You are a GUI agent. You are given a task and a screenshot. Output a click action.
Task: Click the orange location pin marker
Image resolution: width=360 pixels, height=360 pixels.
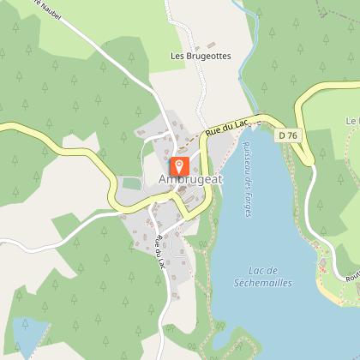(180, 165)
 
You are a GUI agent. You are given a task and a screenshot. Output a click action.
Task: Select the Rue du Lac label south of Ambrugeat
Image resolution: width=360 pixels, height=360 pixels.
(158, 249)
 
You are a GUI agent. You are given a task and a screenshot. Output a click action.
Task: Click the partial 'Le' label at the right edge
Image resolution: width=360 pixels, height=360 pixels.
(352, 122)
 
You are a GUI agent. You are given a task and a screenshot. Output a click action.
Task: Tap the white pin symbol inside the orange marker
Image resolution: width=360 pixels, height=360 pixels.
(180, 163)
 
